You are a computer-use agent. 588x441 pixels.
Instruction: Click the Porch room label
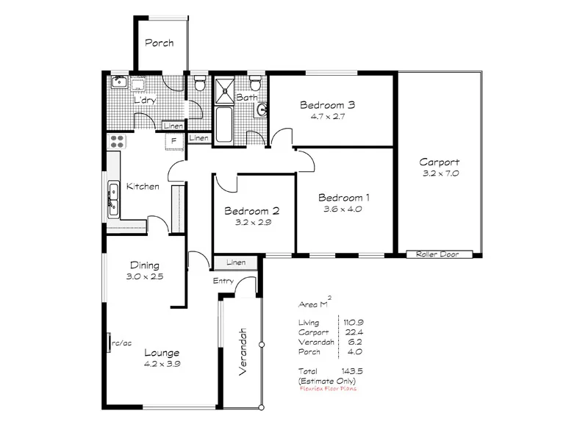point(159,43)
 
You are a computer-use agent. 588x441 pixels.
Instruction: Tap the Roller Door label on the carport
point(437,254)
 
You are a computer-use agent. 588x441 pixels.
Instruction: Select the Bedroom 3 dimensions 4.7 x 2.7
point(327,116)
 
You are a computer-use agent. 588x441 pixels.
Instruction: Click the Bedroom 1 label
point(343,198)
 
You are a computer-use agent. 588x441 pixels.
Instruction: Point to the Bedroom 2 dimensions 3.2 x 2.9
point(253,221)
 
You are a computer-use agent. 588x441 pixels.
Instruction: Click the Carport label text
point(440,162)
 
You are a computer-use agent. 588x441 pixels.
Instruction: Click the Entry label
point(223,282)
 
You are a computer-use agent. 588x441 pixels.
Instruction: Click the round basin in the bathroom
point(262,110)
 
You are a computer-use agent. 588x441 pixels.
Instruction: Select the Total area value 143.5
point(353,370)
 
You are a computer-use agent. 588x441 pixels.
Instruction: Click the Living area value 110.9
point(353,322)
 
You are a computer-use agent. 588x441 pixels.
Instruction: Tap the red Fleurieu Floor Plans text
point(328,389)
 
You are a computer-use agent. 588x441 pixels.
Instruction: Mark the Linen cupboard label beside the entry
point(235,262)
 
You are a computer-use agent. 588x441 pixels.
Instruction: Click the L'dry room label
point(143,100)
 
